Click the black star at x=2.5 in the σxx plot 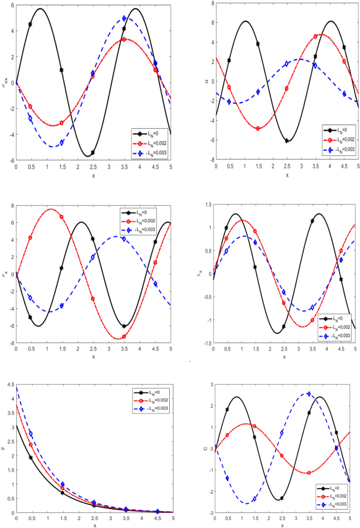pos(92,152)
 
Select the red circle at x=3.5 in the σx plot pos(124,336)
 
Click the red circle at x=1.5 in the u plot pos(258,128)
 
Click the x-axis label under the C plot pos(285,525)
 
